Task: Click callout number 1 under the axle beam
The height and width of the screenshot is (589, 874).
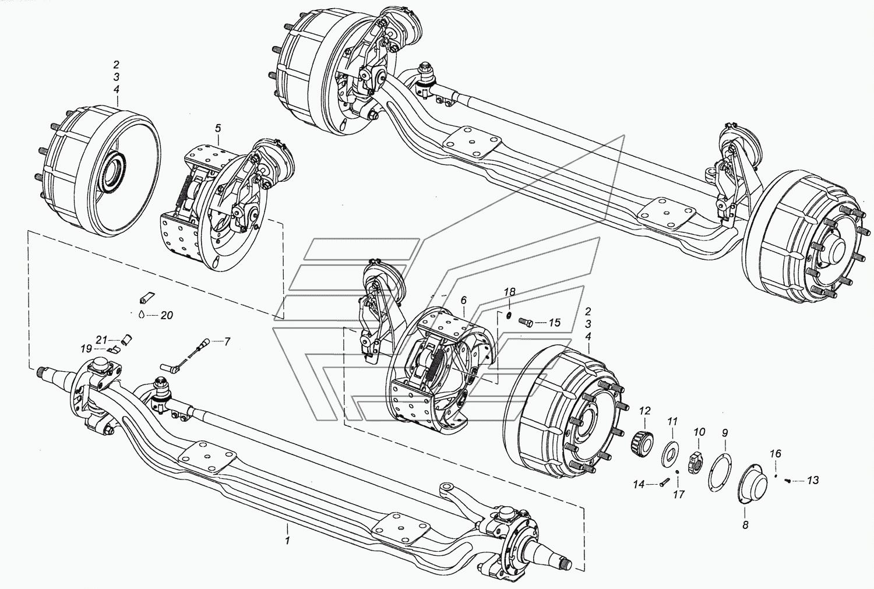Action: click(x=287, y=541)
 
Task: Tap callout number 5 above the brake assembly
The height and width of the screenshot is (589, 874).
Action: click(x=218, y=128)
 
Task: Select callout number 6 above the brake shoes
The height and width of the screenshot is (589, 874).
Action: click(x=463, y=300)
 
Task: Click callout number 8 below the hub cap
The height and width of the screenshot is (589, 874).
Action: click(x=745, y=524)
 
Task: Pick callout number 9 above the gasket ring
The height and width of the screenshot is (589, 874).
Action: click(x=725, y=433)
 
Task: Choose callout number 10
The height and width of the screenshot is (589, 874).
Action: click(x=699, y=432)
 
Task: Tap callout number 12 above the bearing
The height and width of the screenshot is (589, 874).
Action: click(x=644, y=411)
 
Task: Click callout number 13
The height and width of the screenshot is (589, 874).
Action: click(x=812, y=480)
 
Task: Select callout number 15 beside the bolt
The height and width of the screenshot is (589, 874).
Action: click(x=554, y=322)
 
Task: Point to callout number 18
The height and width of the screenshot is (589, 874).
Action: click(x=510, y=291)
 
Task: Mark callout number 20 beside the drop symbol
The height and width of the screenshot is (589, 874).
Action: click(x=167, y=315)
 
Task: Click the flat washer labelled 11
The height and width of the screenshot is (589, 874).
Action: click(x=671, y=453)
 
